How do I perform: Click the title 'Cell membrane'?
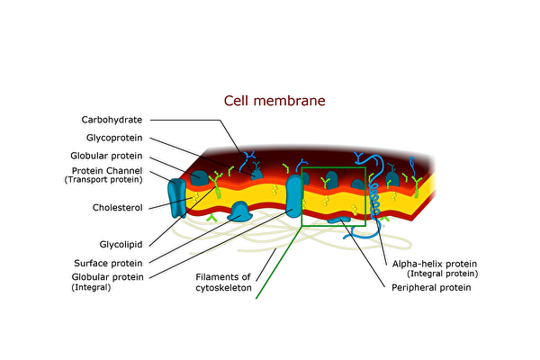(274, 101)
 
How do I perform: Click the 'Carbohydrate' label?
(113, 120)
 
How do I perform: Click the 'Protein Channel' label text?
(107, 171)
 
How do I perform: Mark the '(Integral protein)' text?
(442, 273)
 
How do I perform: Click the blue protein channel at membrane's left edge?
(178, 197)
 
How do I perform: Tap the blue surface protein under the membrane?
(242, 212)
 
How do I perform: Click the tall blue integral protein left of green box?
(295, 195)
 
